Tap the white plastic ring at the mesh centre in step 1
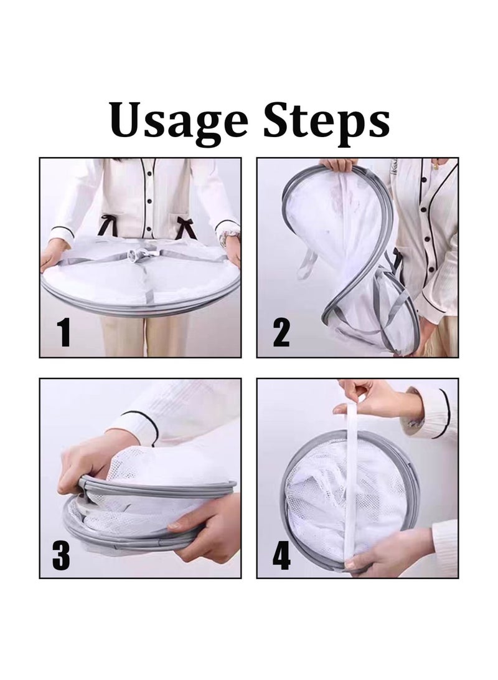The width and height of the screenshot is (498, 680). (x=141, y=257)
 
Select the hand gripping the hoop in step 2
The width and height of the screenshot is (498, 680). (x=339, y=165)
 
